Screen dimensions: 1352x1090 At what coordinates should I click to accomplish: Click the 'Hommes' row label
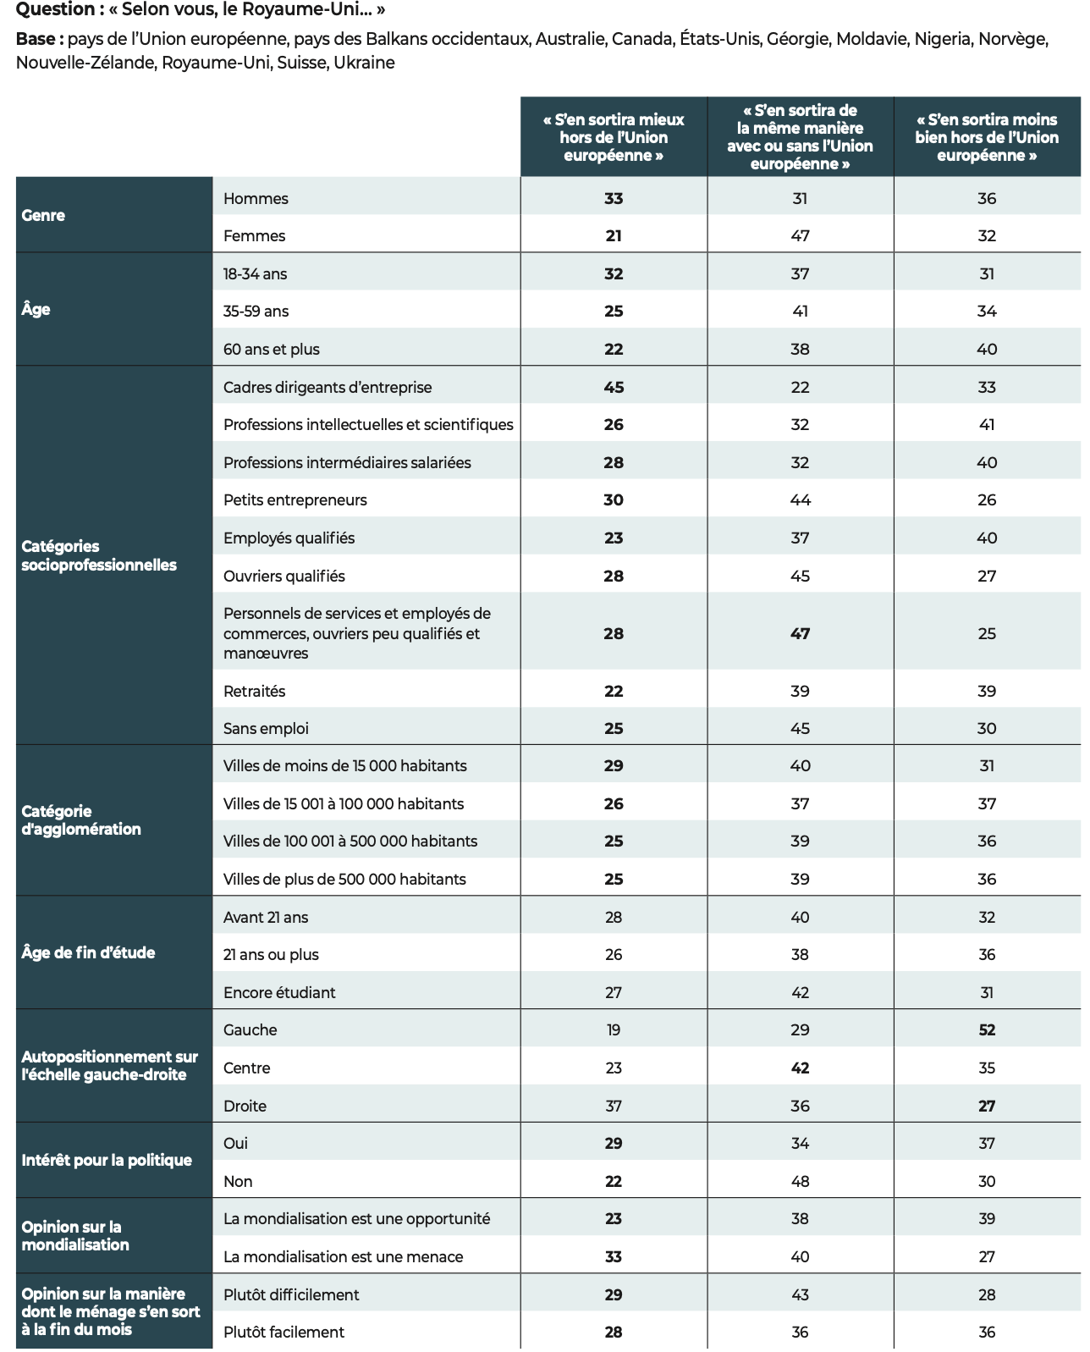click(x=256, y=198)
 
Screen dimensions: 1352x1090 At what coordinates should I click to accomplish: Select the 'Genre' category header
click(x=43, y=215)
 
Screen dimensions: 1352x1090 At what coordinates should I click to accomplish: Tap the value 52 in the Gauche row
click(x=987, y=1029)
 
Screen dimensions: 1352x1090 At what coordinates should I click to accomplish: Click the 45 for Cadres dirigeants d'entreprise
click(x=614, y=387)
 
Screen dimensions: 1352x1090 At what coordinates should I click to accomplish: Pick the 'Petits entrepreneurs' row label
click(x=295, y=499)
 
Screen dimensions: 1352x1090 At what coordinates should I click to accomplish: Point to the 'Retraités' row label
click(x=255, y=691)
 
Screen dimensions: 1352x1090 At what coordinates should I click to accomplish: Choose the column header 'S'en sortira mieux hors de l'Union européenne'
click(x=614, y=137)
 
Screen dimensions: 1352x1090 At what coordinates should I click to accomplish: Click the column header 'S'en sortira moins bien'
click(x=987, y=137)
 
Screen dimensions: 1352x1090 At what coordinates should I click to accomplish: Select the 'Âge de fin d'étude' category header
click(x=88, y=952)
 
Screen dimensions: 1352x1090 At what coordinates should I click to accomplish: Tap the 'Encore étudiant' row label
click(x=279, y=992)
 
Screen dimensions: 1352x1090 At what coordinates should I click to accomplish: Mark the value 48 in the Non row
click(x=800, y=1181)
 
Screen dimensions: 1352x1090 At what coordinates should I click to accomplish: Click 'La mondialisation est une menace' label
click(x=343, y=1256)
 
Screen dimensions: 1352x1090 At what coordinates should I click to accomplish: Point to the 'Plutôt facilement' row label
click(x=284, y=1332)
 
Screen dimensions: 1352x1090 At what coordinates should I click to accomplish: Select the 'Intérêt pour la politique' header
click(x=107, y=1160)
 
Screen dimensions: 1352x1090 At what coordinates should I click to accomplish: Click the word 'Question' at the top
click(x=55, y=9)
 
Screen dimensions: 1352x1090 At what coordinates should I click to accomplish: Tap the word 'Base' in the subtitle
click(x=38, y=39)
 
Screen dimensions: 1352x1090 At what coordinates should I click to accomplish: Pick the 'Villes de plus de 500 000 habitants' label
click(x=344, y=879)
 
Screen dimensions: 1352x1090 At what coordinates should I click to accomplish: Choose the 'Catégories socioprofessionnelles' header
click(x=98, y=555)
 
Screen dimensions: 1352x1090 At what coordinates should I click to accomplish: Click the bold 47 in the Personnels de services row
click(x=800, y=633)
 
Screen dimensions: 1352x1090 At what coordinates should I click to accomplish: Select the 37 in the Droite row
click(x=614, y=1106)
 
